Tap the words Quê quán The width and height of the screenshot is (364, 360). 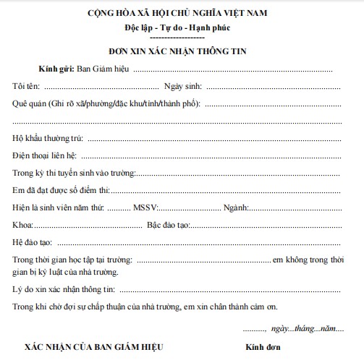click(30, 103)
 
